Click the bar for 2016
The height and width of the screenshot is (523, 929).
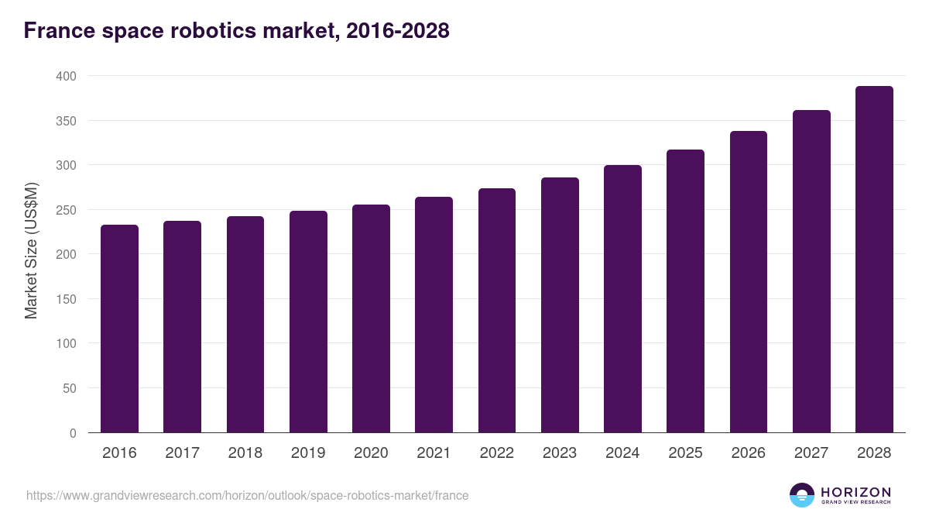point(119,329)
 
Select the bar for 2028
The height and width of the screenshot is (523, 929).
point(874,260)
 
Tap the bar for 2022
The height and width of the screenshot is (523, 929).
point(496,310)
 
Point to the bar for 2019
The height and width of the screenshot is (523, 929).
point(308,322)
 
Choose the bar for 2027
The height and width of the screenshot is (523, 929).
point(811,271)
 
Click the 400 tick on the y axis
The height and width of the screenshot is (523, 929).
point(66,76)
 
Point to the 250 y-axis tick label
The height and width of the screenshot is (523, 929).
point(66,210)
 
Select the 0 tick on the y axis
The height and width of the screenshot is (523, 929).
point(73,433)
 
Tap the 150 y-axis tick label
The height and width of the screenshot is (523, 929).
point(66,299)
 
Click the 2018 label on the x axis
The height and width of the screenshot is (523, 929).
point(245,453)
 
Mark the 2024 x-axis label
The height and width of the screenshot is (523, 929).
point(622,453)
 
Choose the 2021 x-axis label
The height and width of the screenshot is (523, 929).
point(434,453)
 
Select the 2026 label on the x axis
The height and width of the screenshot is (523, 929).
point(748,453)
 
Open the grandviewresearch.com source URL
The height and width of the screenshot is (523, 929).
point(247,495)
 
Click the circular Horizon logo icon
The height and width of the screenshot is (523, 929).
point(801,495)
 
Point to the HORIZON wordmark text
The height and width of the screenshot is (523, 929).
point(855,492)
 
